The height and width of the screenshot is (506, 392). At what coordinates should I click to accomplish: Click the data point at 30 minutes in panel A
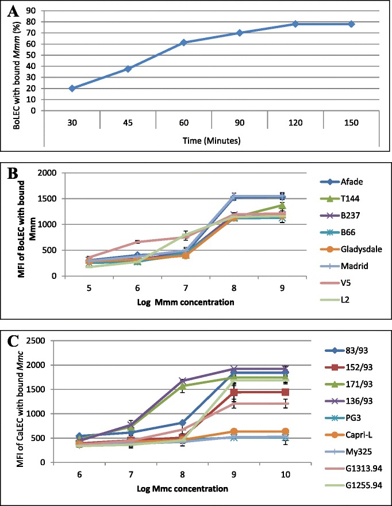tap(72, 88)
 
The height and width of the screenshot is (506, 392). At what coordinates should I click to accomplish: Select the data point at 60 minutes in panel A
tap(184, 43)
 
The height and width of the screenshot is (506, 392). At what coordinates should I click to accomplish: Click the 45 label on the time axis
tap(128, 122)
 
